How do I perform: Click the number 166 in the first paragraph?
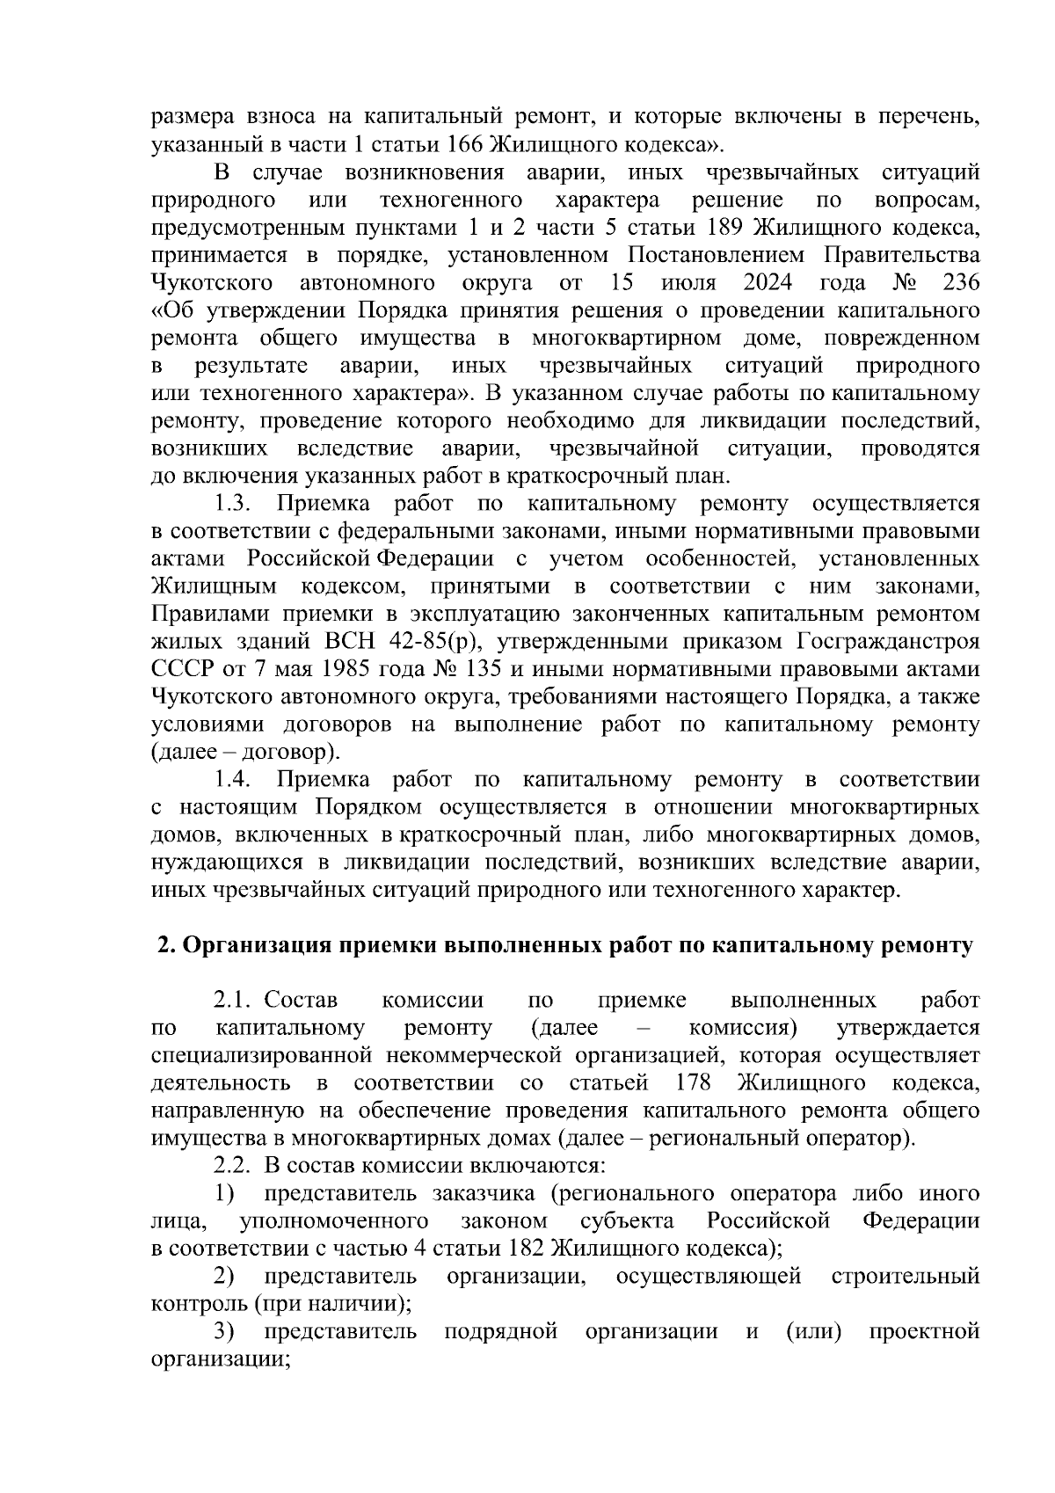466,143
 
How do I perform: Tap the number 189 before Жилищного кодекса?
726,228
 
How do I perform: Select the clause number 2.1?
233,1001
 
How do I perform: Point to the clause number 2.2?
233,1166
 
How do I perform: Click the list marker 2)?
224,1276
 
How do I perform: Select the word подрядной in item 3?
501,1331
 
